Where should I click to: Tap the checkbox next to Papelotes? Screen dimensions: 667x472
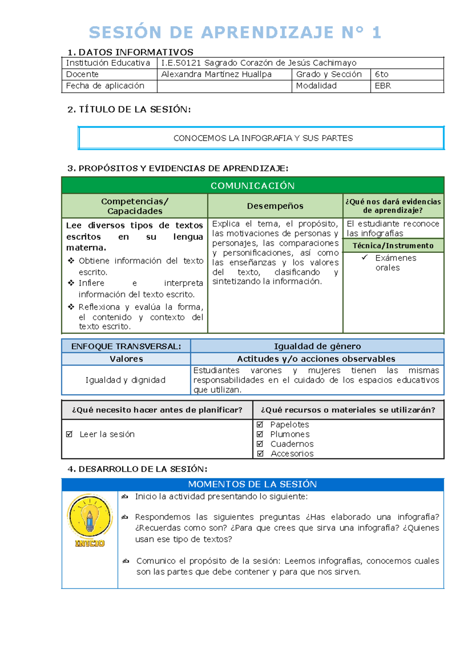(260, 424)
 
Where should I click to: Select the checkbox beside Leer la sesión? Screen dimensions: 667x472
(70, 434)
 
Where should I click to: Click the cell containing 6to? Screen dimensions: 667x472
(406, 74)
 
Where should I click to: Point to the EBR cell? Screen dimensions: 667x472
(406, 86)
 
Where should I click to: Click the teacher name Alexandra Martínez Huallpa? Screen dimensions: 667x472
(216, 74)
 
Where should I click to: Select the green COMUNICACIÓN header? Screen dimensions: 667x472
(253, 186)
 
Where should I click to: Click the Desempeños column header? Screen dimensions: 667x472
(275, 206)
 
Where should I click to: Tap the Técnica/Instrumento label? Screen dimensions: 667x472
(393, 246)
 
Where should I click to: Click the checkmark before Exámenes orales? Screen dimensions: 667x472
(365, 257)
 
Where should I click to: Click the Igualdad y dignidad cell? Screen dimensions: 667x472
(125, 380)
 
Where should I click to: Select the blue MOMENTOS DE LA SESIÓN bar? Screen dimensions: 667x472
(253, 485)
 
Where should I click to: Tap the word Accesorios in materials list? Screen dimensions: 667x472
(292, 453)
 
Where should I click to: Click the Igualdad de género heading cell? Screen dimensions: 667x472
(317, 346)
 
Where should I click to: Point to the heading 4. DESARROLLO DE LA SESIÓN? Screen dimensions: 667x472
(137, 469)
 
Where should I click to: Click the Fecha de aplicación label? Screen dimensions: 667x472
(105, 86)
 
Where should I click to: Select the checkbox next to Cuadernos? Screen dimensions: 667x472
(260, 444)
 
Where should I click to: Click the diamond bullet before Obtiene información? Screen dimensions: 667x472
(71, 260)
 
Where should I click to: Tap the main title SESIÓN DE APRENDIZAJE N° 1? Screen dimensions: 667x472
(235, 32)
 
